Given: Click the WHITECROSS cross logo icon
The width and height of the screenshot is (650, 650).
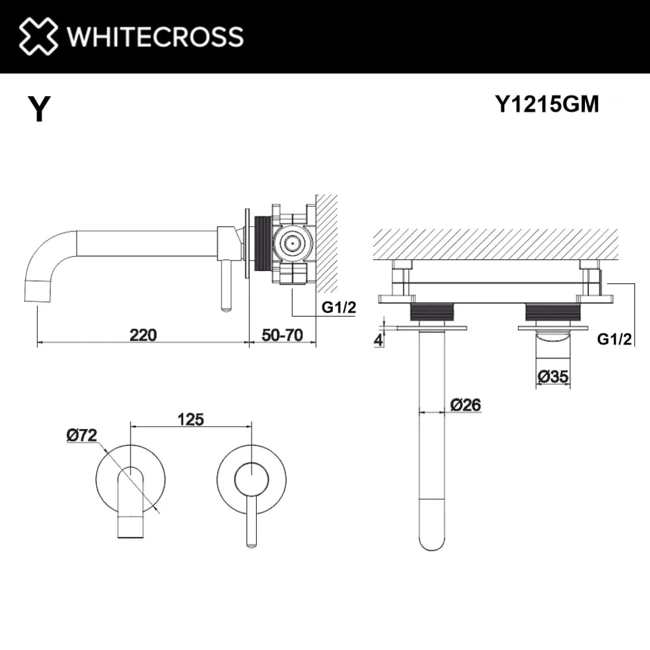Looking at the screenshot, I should (38, 36).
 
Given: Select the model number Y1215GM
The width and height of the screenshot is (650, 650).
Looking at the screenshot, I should (547, 104).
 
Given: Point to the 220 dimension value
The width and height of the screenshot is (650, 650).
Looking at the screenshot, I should (143, 335).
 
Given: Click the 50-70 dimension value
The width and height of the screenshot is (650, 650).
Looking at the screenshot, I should (282, 335).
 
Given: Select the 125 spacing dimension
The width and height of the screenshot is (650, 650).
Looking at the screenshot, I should (191, 420).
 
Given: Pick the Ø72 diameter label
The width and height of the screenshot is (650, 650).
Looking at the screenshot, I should (82, 435).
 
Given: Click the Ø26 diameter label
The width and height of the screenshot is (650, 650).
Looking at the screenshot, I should (466, 405).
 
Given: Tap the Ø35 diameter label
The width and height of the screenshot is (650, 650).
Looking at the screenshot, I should (553, 376).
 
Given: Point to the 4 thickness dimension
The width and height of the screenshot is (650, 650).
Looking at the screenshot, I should (379, 341).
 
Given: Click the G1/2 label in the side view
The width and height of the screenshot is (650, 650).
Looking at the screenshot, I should (338, 307).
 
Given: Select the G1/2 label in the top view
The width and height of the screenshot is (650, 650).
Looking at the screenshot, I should (614, 340).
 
